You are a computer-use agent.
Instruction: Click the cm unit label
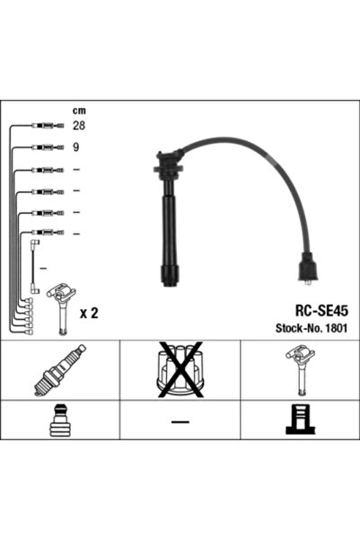pyautogui.click(x=79, y=111)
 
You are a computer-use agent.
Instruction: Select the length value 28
pyautogui.click(x=79, y=126)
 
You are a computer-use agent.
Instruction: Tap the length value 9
pyautogui.click(x=75, y=147)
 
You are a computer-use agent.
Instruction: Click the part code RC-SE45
pyautogui.click(x=321, y=311)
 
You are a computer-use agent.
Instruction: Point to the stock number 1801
pyautogui.click(x=337, y=328)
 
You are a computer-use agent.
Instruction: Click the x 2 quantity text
pyautogui.click(x=89, y=313)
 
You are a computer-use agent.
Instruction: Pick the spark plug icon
pyautogui.click(x=60, y=370)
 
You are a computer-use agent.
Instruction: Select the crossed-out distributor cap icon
pyautogui.click(x=180, y=369)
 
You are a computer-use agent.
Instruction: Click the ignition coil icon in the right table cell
pyautogui.click(x=301, y=370)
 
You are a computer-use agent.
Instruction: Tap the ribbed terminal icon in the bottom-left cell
pyautogui.click(x=59, y=420)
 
